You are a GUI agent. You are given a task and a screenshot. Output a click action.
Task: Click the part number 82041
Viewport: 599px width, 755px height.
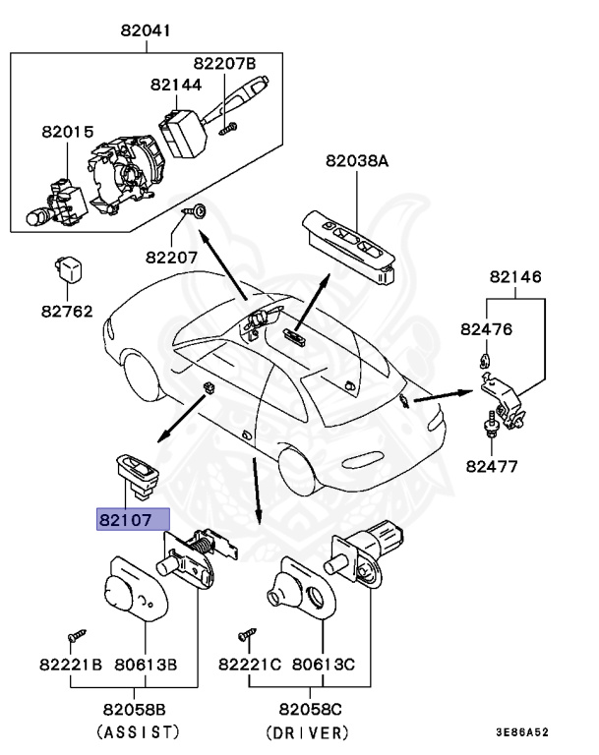click(146, 30)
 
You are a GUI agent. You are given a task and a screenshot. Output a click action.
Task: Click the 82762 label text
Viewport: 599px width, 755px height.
click(67, 312)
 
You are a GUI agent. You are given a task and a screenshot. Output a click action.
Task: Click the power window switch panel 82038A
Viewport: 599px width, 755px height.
click(350, 245)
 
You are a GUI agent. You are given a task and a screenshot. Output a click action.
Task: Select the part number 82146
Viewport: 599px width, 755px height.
click(515, 278)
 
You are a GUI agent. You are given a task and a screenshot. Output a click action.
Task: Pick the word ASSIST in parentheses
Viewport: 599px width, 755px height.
click(138, 731)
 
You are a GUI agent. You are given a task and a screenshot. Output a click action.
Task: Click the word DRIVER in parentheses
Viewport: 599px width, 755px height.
click(308, 731)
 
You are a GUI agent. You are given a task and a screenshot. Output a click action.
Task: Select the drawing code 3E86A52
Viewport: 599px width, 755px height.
click(521, 732)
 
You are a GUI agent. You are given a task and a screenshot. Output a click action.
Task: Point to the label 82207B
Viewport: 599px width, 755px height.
click(223, 63)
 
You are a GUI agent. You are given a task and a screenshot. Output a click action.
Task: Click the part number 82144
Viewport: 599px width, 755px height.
click(176, 86)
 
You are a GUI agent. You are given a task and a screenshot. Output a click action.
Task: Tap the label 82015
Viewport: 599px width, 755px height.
click(67, 131)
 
